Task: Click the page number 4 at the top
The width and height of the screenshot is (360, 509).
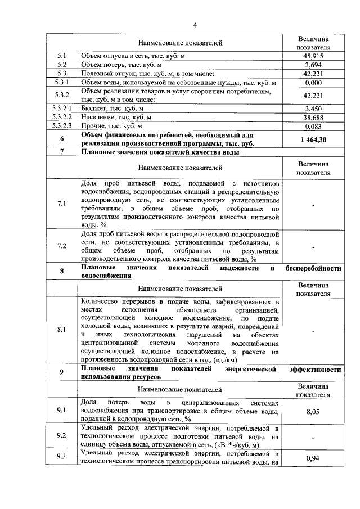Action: [x=195, y=25]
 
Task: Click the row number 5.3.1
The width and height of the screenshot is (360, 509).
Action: [x=62, y=82]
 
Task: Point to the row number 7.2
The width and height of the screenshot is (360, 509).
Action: [x=62, y=246]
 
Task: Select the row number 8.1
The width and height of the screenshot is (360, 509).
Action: [x=62, y=330]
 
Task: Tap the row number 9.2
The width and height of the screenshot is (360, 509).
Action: [x=62, y=435]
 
